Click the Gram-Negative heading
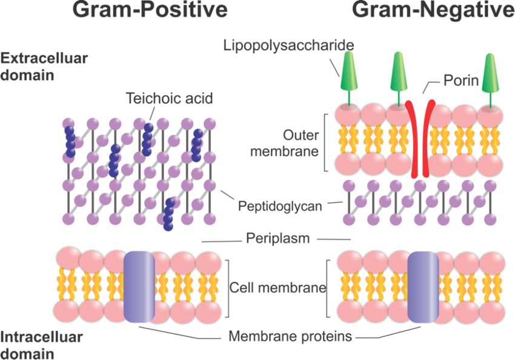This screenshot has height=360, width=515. point(433,10)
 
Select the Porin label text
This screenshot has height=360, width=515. point(461,80)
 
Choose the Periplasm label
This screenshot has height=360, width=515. point(279,238)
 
